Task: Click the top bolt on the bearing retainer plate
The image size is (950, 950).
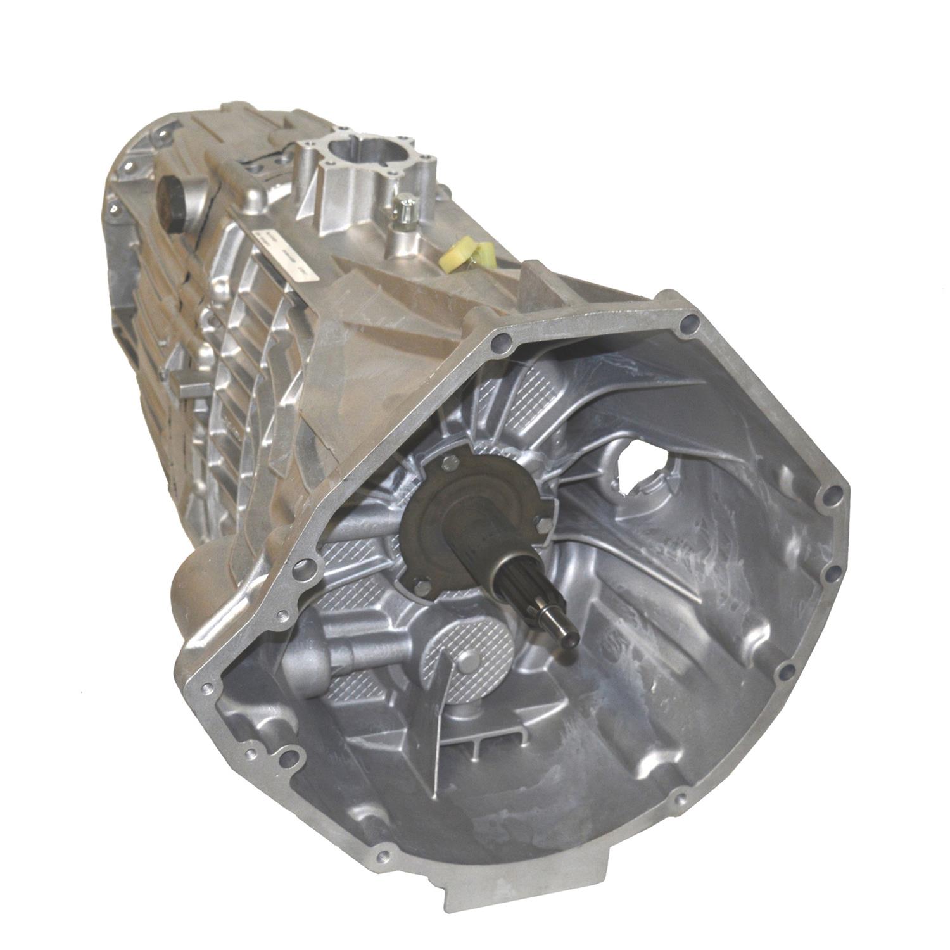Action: [450, 463]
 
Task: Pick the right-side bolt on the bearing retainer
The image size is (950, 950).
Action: [543, 523]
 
